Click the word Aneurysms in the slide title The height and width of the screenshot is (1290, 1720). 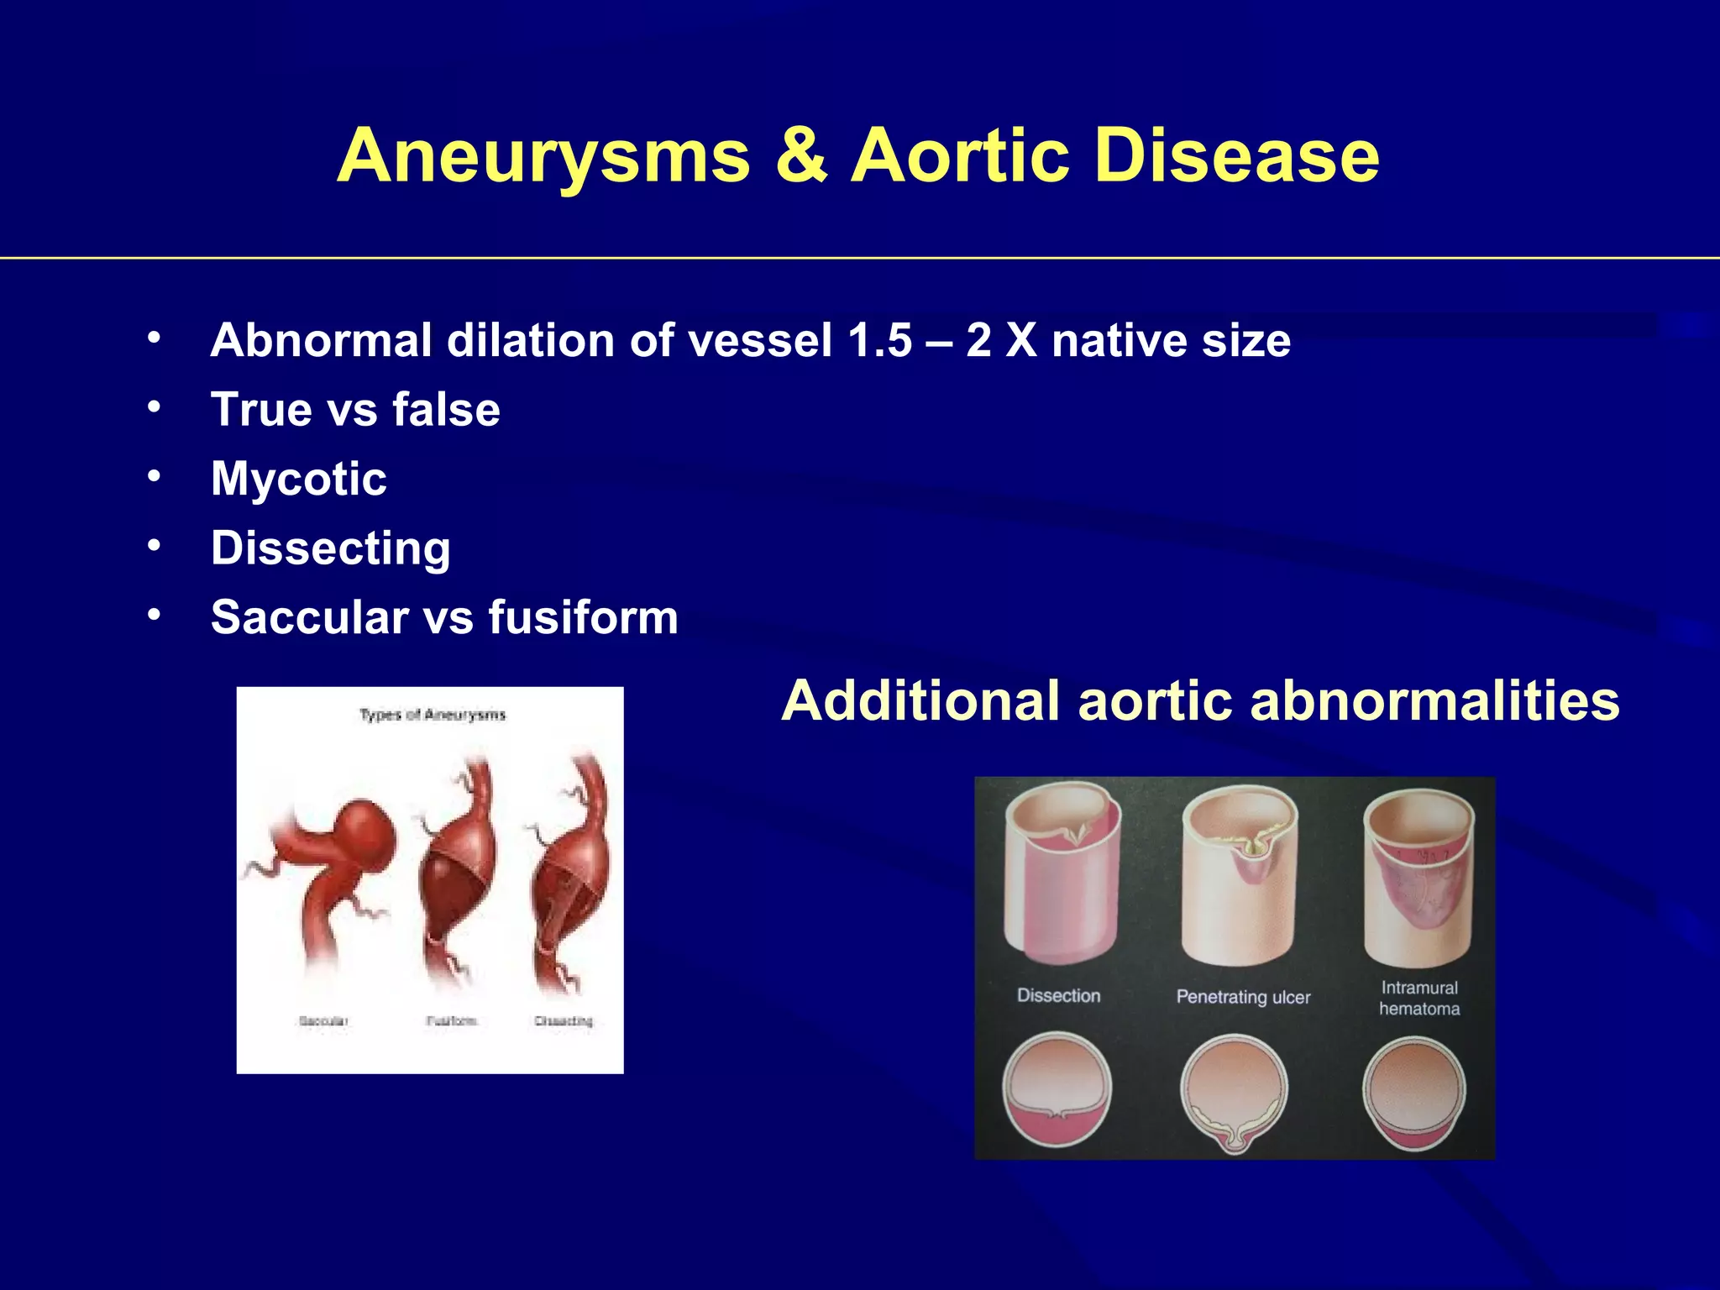(x=544, y=156)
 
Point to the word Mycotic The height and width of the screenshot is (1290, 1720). (x=299, y=479)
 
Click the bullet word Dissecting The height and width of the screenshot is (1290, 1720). (x=331, y=548)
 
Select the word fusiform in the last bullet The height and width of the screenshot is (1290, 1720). (x=583, y=617)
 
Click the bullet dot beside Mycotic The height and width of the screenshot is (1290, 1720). (x=154, y=476)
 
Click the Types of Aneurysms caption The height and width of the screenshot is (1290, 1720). (x=433, y=715)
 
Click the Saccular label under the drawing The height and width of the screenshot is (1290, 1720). (x=323, y=1021)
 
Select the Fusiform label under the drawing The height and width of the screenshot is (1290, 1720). (x=451, y=1021)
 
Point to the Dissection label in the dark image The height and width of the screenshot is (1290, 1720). (x=1058, y=996)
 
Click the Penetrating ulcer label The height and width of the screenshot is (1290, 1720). (x=1243, y=997)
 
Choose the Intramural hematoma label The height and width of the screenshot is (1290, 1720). (x=1419, y=998)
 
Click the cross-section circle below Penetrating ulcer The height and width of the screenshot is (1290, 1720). (x=1234, y=1089)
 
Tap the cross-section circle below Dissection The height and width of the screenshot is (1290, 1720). (x=1057, y=1089)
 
